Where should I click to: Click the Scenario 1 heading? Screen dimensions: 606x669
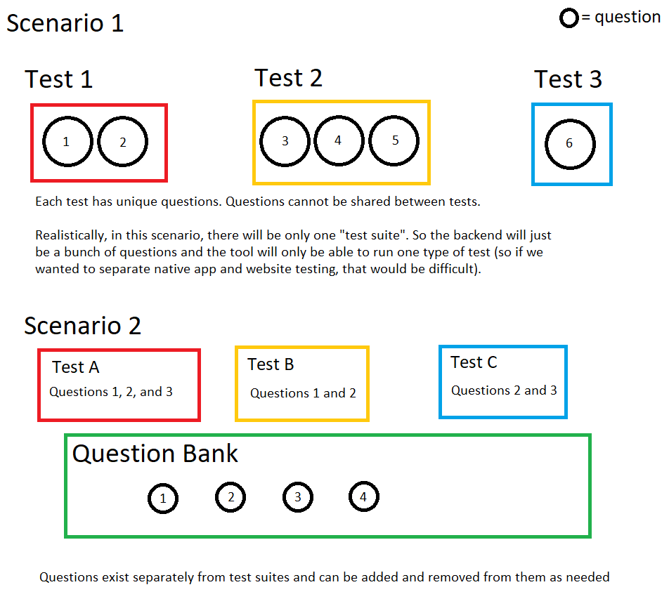point(65,23)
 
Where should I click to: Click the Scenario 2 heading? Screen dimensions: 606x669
point(82,326)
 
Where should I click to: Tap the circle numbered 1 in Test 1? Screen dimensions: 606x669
point(67,142)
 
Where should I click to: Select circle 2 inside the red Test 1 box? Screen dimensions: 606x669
point(122,142)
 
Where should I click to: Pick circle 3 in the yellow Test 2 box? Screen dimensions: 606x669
point(285,141)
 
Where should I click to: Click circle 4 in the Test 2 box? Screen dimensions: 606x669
point(338,140)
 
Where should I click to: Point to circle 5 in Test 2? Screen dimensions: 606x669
point(394,140)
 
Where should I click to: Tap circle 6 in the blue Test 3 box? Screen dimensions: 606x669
point(570,143)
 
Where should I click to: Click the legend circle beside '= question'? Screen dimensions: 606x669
point(569,19)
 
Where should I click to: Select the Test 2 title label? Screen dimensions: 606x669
point(288,78)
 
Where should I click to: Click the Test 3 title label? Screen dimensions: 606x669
point(568,79)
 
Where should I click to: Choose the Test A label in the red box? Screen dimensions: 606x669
point(76,367)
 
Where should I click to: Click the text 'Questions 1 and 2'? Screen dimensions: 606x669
point(303,393)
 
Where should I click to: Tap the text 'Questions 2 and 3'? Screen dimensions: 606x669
point(504,390)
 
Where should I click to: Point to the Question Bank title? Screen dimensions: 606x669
point(155,454)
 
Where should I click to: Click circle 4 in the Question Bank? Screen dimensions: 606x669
point(363,497)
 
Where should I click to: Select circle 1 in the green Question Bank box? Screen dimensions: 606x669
point(163,499)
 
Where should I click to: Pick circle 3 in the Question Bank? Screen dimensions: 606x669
point(298,497)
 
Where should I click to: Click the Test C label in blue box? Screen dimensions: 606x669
point(474,362)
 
